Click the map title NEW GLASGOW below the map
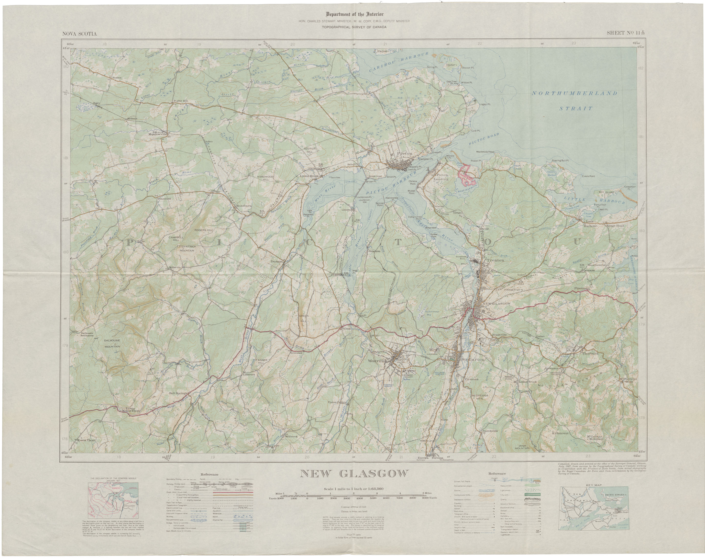(x=354, y=474)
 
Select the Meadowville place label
(x=158, y=134)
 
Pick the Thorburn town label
(x=590, y=354)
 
